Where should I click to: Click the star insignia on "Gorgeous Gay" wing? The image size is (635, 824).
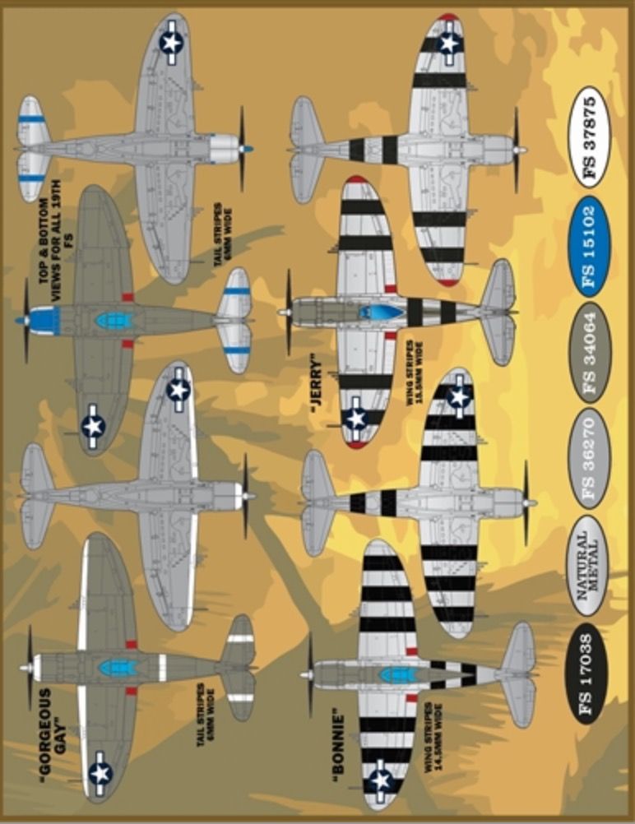pyautogui.click(x=100, y=772)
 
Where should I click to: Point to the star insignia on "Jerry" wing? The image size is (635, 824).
pyautogui.click(x=355, y=419)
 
